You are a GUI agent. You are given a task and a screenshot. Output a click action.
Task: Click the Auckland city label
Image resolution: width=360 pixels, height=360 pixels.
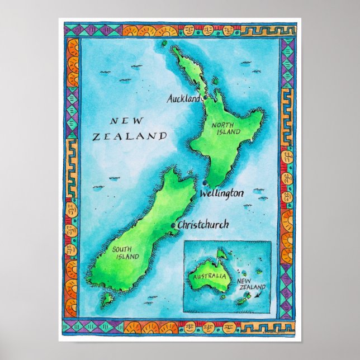[184, 99]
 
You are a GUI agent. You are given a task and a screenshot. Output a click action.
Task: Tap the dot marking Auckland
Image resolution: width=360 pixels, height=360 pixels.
[205, 98]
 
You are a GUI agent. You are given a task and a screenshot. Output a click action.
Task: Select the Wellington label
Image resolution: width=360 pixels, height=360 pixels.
[222, 193]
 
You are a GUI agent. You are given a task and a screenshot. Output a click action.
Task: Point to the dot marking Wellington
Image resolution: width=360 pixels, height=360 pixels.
[205, 184]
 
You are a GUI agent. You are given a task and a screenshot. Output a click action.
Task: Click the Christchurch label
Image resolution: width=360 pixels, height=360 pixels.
[203, 225]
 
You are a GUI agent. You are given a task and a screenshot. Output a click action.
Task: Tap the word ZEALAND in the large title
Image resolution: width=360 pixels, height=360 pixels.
[130, 136]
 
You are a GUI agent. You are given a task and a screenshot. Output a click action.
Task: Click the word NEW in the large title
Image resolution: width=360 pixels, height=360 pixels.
[127, 120]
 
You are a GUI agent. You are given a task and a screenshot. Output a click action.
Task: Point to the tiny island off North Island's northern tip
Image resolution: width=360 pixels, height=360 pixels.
[166, 42]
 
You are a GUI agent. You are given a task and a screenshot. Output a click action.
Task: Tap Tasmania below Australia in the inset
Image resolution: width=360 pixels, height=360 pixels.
[222, 297]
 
